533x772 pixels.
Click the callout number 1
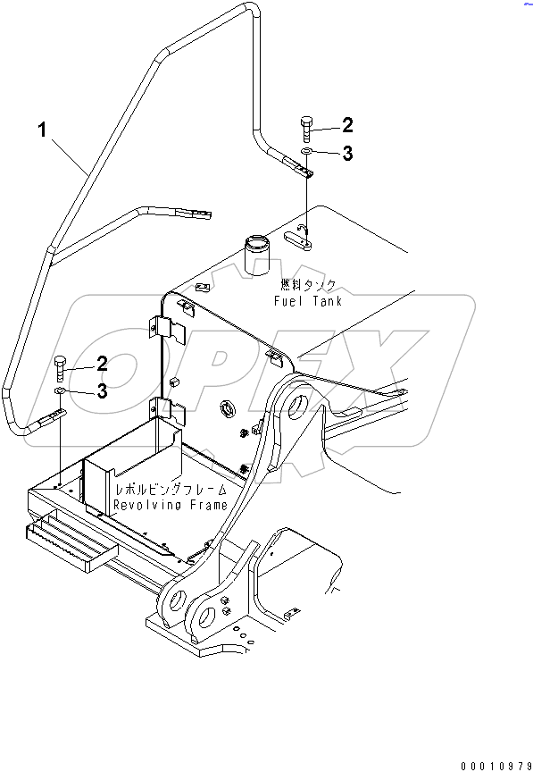(42, 130)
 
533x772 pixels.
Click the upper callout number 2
(347, 125)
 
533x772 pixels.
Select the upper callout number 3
(347, 153)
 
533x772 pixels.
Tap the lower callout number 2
(102, 364)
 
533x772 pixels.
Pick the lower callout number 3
(102, 391)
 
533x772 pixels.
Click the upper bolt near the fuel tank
(305, 129)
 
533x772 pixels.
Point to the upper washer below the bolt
(306, 150)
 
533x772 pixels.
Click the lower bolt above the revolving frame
(60, 368)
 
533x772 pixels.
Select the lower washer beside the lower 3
(61, 391)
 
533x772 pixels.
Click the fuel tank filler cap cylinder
(257, 253)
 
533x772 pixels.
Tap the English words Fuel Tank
(308, 301)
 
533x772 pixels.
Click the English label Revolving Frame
(171, 505)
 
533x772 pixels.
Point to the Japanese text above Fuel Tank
(308, 285)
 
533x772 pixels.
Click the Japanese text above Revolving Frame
(171, 490)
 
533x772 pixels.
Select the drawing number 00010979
(496, 766)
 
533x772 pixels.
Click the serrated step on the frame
(71, 543)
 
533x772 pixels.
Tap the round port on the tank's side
(228, 408)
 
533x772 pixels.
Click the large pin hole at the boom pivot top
(297, 407)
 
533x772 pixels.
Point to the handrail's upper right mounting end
(298, 168)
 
